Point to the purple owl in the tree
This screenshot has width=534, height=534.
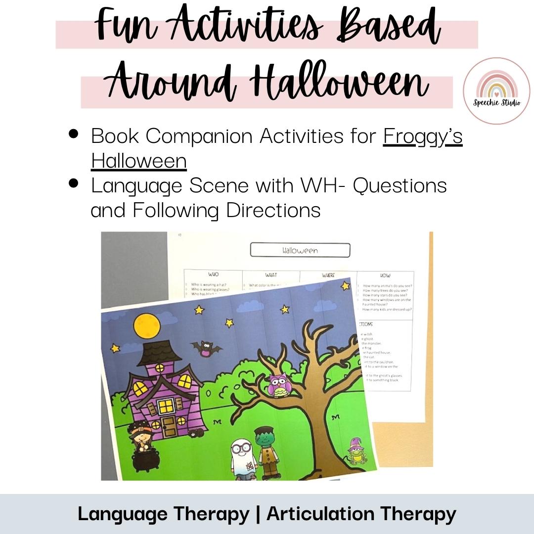coord(278,385)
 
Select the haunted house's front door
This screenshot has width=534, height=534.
coord(168,425)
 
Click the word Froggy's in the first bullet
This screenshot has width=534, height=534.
coord(423,136)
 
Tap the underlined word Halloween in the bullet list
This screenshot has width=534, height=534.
coord(138,161)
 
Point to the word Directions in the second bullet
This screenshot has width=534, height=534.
coord(273,210)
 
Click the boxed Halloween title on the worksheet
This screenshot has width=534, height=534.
coord(300,250)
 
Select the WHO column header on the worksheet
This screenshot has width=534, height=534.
coord(214,274)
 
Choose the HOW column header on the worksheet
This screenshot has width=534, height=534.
coord(385,274)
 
